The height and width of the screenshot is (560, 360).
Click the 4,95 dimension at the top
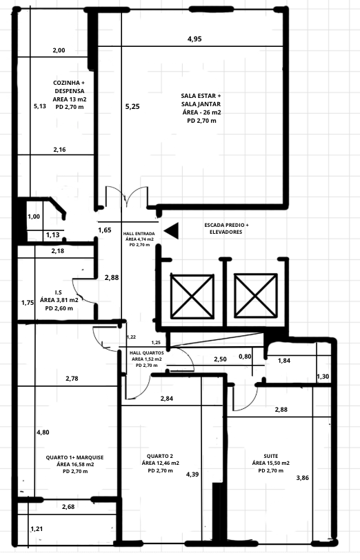[194, 39]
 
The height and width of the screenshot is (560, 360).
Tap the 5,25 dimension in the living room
[132, 106]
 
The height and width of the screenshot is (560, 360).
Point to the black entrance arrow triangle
[170, 231]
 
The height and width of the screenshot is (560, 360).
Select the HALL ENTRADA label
[139, 239]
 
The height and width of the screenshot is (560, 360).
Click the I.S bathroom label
[59, 300]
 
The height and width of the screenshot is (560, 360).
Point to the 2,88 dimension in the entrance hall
[112, 277]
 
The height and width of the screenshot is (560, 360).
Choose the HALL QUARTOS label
[146, 359]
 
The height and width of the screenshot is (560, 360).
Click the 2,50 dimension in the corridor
[220, 359]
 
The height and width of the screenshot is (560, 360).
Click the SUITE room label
[270, 463]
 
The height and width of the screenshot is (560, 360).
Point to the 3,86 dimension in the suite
[303, 477]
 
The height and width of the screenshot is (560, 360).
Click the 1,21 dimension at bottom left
[36, 529]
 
